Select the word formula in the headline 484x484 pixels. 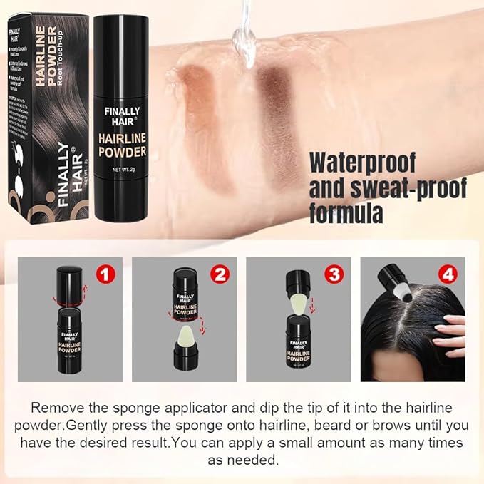point(346,212)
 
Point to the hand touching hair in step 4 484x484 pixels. point(449,334)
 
